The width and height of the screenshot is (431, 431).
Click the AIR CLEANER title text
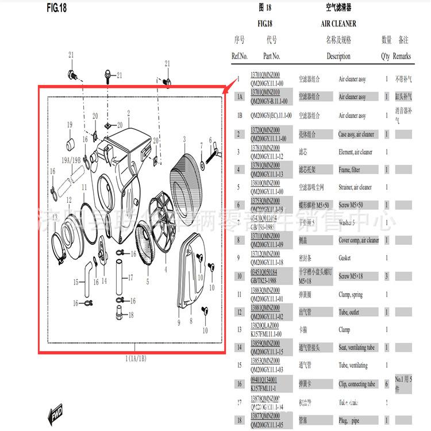[338, 24]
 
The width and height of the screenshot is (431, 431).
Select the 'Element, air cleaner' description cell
[355, 152]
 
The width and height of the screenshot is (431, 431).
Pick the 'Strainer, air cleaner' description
[355, 187]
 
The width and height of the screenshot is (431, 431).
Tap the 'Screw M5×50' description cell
[350, 205]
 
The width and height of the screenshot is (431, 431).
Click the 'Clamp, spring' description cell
[351, 295]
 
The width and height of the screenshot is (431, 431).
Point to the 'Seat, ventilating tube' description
[356, 348]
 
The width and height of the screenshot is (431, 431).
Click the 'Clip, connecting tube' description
[356, 384]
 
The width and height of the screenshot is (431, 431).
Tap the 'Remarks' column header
[402, 56]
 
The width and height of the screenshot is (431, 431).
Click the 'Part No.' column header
[271, 56]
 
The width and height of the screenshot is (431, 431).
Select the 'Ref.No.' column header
[239, 56]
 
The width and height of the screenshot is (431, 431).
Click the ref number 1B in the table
[239, 116]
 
